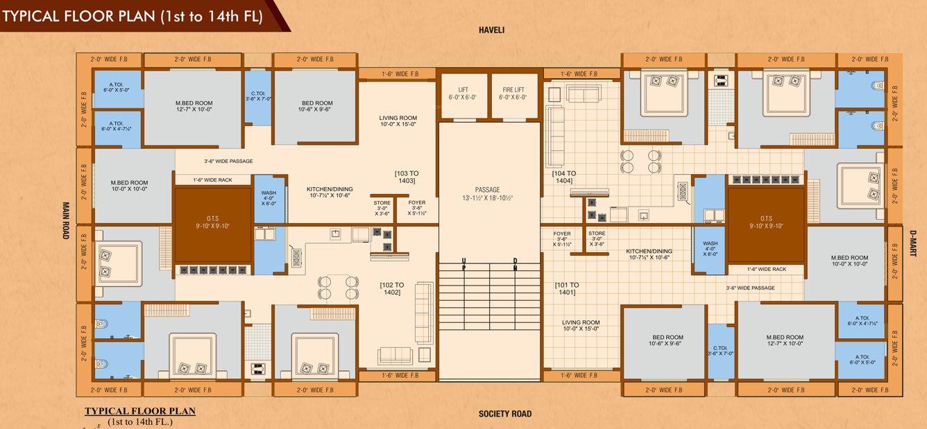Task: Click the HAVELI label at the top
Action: tap(491, 30)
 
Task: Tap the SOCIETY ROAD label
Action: tap(505, 414)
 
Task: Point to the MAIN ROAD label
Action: tap(67, 220)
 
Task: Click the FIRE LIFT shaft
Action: tap(513, 94)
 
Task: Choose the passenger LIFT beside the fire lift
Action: tap(463, 94)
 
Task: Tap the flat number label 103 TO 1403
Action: tap(407, 177)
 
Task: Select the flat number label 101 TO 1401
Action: tap(567, 289)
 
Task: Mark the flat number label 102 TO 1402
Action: tap(390, 288)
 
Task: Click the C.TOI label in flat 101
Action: tap(721, 351)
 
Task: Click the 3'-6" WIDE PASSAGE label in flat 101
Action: tap(750, 288)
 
